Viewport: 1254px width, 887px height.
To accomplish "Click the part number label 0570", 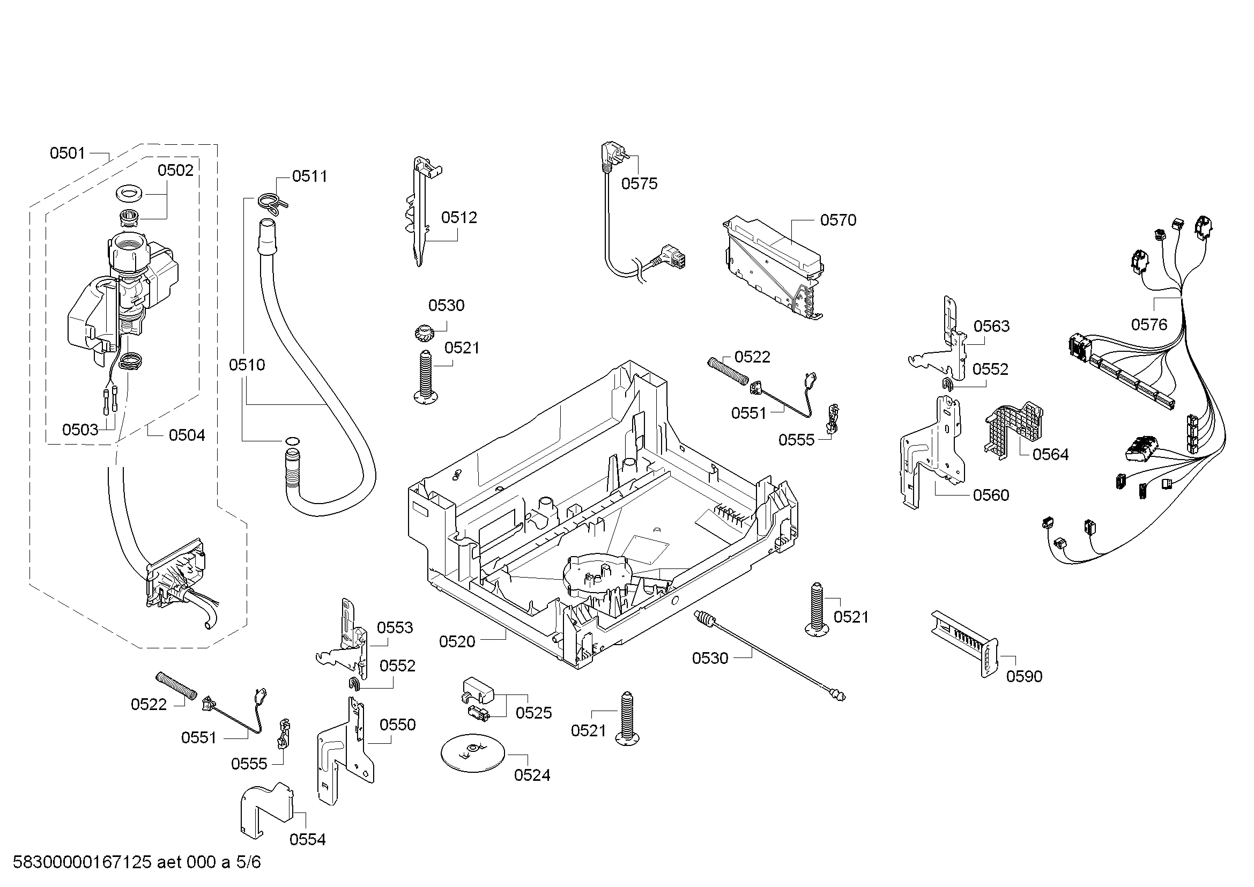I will [x=838, y=220].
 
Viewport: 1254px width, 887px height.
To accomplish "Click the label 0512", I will [x=459, y=217].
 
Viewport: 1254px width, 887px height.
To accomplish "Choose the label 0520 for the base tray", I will [x=457, y=641].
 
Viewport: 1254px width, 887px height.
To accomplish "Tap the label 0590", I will [x=1024, y=676].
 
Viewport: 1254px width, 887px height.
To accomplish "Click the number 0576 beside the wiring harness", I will [x=1148, y=324].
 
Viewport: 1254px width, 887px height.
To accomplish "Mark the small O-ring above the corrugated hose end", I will [x=292, y=441].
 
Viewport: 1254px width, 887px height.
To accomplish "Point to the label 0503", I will [x=80, y=430].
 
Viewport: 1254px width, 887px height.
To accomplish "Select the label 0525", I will [x=533, y=712].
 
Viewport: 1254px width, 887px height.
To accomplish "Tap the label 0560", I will [x=991, y=495].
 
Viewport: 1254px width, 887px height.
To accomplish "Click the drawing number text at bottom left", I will [x=137, y=862].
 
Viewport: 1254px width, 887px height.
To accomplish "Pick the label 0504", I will [x=187, y=435].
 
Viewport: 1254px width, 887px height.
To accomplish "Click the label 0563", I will [x=991, y=326].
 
